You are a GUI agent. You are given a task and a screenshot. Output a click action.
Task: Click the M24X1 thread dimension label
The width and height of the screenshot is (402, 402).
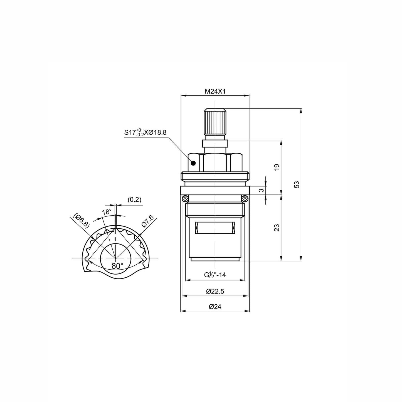click(215, 91)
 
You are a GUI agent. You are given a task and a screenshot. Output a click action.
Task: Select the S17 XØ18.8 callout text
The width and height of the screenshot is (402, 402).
click(145, 132)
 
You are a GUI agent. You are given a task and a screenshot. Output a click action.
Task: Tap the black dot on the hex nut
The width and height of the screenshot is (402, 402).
click(193, 163)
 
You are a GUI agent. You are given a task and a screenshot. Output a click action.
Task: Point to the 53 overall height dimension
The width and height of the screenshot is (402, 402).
click(297, 184)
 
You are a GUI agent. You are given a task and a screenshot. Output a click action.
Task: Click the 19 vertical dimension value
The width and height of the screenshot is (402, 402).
click(277, 167)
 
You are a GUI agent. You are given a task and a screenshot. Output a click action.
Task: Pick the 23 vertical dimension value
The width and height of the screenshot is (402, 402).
click(277, 228)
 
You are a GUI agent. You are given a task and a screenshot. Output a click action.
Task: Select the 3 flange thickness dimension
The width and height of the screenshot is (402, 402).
click(261, 190)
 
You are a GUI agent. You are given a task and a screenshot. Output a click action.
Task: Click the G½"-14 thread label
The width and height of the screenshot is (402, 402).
click(215, 275)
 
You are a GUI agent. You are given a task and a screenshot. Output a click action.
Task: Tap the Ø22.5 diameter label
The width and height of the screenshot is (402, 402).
click(215, 291)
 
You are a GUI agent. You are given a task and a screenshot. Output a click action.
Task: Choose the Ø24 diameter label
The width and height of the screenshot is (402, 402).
click(215, 307)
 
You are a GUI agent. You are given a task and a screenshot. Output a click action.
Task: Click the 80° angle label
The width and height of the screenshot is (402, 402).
click(117, 266)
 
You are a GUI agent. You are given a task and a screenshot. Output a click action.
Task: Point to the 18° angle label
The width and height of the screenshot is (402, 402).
click(107, 212)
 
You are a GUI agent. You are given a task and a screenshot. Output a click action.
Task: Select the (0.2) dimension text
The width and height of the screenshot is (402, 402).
click(134, 200)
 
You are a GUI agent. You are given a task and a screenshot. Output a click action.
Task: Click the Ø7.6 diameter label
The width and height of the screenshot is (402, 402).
click(147, 221)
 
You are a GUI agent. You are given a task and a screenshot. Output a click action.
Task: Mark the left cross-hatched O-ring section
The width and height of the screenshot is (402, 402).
click(185, 198)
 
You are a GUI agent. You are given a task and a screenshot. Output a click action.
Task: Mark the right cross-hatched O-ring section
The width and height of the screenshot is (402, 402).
click(245, 198)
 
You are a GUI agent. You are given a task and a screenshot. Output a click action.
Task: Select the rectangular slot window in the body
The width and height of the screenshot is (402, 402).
click(215, 228)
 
